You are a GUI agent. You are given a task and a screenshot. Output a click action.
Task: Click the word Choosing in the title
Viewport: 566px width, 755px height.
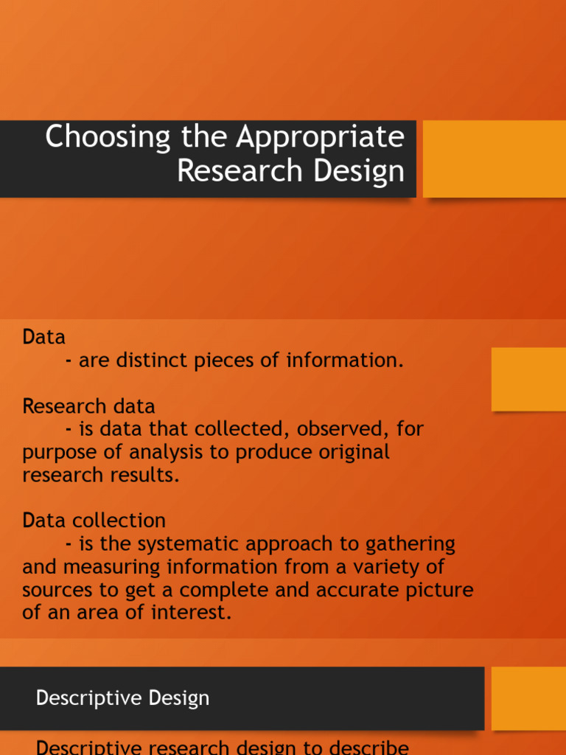coord(108,138)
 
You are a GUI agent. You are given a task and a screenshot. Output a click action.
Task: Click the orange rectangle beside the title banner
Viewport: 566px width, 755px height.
coord(494,159)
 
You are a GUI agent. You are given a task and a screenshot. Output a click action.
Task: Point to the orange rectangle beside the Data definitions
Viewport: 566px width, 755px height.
coord(528,379)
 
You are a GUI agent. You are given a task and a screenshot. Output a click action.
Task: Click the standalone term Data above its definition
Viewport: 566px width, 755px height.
coord(43,338)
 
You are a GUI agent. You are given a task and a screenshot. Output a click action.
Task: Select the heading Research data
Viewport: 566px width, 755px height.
coord(88,406)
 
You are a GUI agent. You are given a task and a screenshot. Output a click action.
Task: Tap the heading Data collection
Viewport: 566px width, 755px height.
coord(94,521)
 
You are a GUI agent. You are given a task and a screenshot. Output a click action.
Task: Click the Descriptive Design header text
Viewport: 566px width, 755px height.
coord(122,698)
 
